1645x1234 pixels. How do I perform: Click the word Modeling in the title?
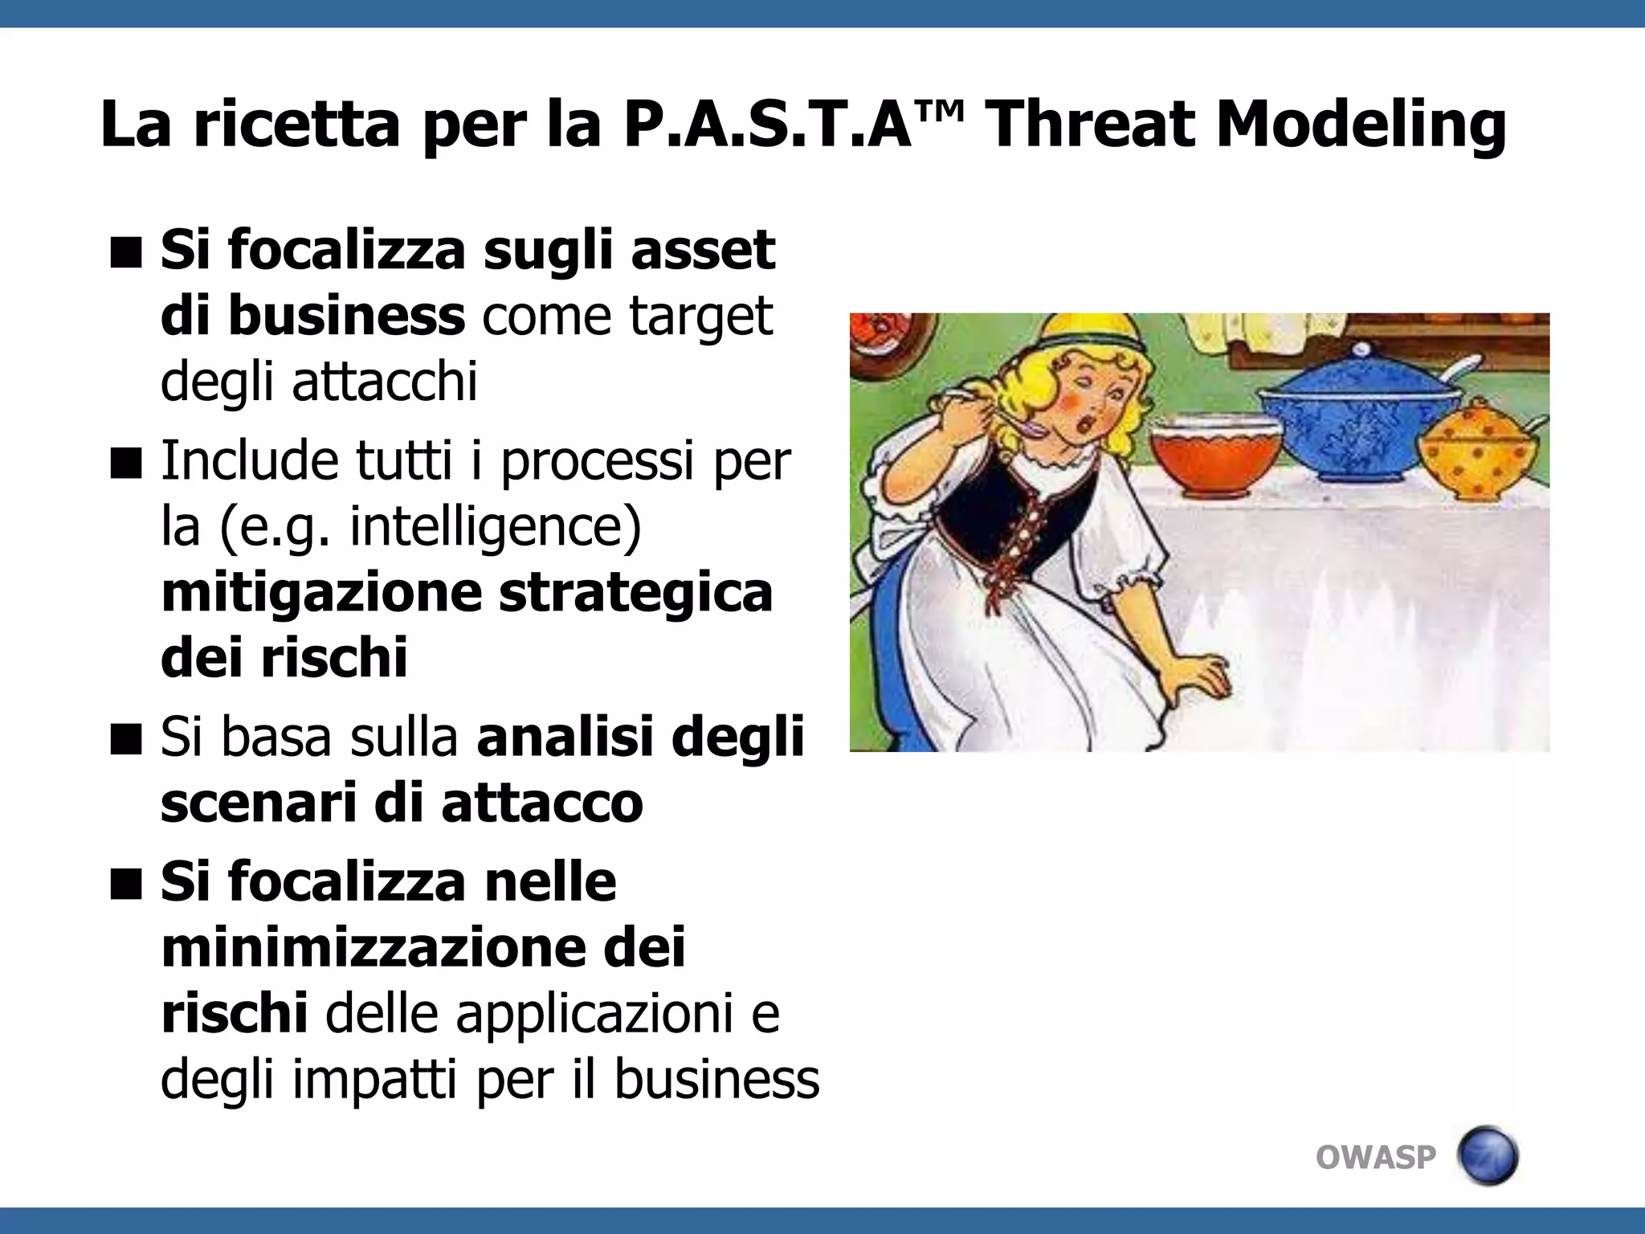click(x=1361, y=125)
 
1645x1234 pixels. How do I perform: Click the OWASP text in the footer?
click(x=1375, y=1157)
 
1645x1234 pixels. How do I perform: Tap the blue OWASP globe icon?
click(x=1488, y=1155)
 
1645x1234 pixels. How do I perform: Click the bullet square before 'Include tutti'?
click(x=126, y=463)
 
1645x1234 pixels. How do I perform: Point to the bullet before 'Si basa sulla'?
click(x=126, y=738)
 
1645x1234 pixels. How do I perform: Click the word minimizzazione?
click(x=371, y=947)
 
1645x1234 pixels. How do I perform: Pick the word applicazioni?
click(x=594, y=1013)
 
